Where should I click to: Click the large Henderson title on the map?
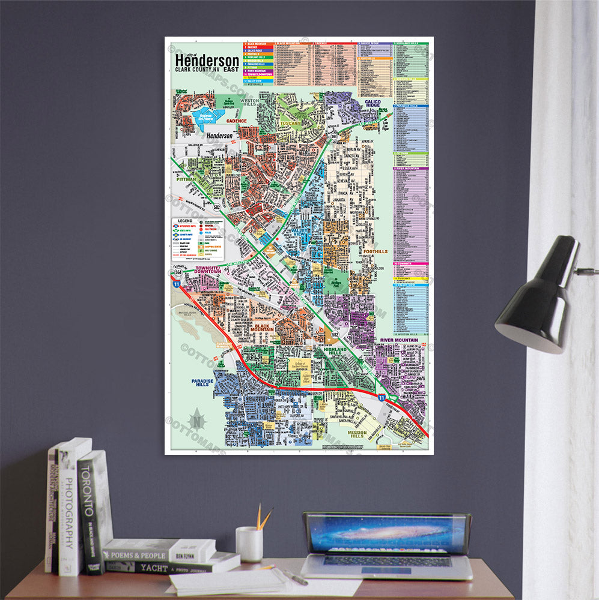(207, 61)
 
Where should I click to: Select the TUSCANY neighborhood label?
(290, 124)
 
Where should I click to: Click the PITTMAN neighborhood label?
(187, 179)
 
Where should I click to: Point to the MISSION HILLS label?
(357, 435)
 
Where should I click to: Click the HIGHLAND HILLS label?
(335, 352)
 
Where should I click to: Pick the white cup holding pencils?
(249, 544)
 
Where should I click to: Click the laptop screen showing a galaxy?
(387, 534)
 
